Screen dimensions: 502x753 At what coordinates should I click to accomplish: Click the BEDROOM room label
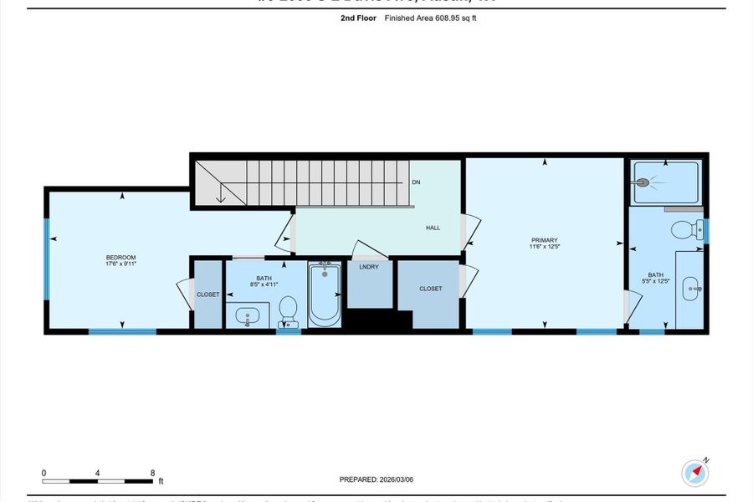pyautogui.click(x=120, y=257)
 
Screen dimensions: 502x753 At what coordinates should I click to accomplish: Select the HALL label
pyautogui.click(x=433, y=228)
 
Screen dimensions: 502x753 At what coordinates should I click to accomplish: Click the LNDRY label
pyautogui.click(x=369, y=267)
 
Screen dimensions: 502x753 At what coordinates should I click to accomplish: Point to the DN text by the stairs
pyautogui.click(x=416, y=182)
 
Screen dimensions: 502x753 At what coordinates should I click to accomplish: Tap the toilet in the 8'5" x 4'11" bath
pyautogui.click(x=289, y=310)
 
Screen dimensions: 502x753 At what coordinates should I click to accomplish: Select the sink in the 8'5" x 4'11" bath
pyautogui.click(x=247, y=316)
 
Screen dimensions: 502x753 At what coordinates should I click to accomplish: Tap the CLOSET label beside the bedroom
pyautogui.click(x=207, y=295)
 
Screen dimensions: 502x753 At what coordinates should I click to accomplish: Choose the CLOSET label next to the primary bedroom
pyautogui.click(x=430, y=289)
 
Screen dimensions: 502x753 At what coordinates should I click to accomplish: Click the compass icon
pyautogui.click(x=695, y=473)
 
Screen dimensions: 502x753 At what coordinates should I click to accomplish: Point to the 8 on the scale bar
pyautogui.click(x=152, y=473)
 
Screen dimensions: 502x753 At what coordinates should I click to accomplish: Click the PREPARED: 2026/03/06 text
pyautogui.click(x=376, y=479)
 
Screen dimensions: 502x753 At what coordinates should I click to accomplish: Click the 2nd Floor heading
pyautogui.click(x=359, y=18)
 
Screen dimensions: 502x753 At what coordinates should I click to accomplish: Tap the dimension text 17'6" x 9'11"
pyautogui.click(x=120, y=264)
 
